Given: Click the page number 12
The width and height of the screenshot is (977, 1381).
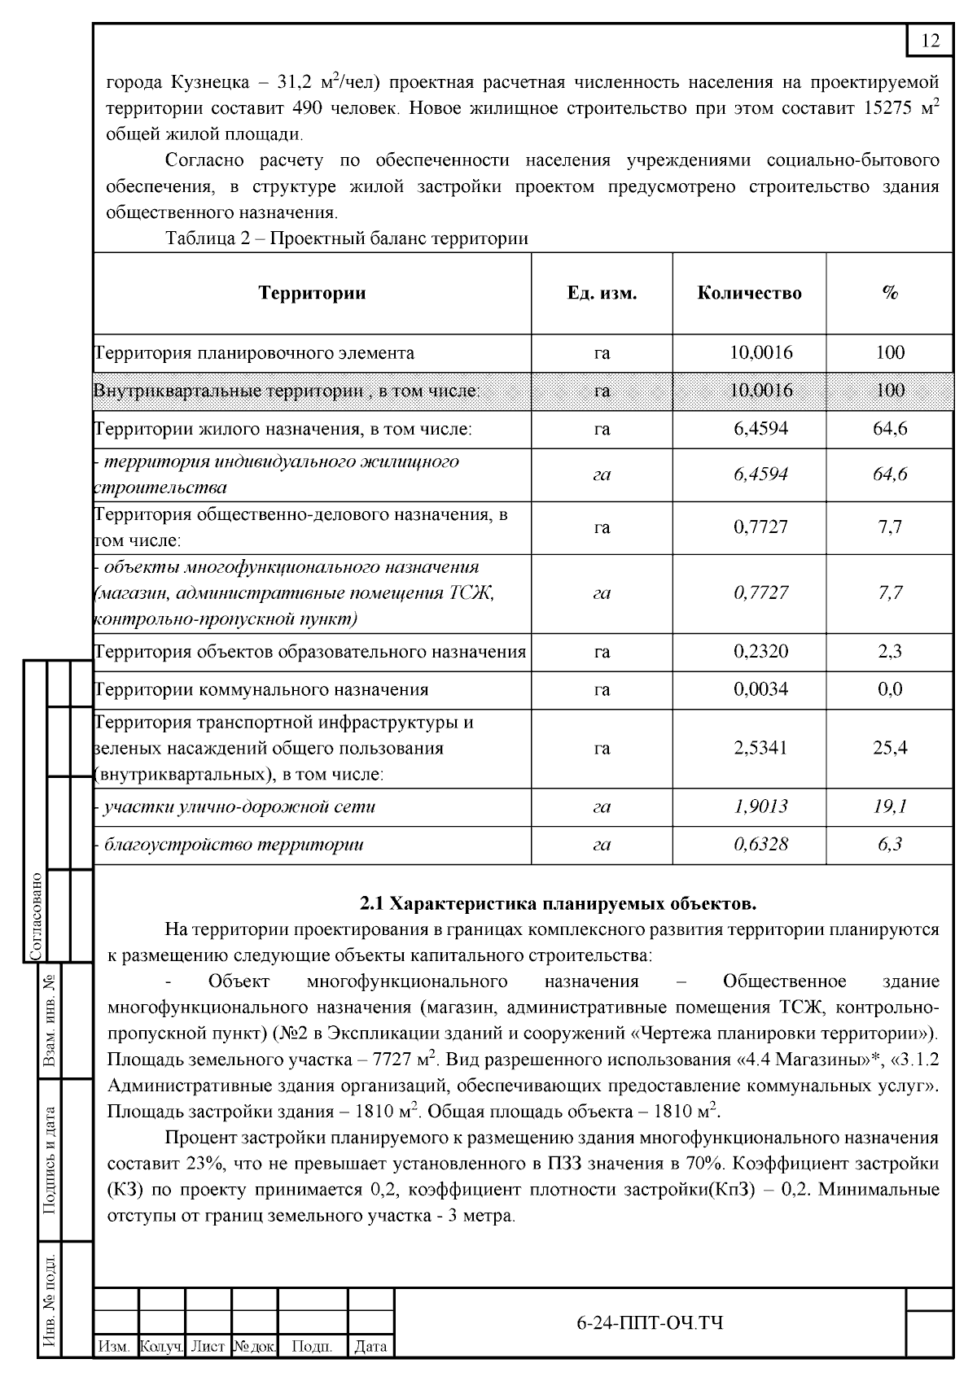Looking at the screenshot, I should pos(931,41).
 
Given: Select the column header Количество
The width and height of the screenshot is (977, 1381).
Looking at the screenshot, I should pos(749,293).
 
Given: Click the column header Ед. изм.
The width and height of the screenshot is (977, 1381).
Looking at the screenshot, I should pos(602,293).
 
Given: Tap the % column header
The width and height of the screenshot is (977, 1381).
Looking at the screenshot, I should pos(889,293).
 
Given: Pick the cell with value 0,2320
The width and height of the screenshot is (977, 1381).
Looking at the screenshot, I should pos(760,652).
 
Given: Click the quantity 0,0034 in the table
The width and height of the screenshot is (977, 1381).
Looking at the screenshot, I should pos(760,689).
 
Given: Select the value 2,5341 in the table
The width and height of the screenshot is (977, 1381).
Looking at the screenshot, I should pos(760,748).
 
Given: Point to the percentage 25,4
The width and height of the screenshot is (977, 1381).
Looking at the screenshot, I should pos(890,748).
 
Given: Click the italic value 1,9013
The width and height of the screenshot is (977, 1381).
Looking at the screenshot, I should pos(760,806).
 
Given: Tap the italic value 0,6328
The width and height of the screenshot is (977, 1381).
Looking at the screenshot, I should pos(760,844).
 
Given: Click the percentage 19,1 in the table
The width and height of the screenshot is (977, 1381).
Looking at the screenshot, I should pos(890,806).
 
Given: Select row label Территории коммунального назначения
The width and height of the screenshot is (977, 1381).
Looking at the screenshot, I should pos(261,689).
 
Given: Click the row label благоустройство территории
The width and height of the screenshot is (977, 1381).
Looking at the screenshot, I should pos(232,844).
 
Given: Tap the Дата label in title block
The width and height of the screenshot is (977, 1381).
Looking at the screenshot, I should pos(370,1347).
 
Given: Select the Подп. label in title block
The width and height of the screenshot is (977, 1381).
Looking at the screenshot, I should pos(312,1347).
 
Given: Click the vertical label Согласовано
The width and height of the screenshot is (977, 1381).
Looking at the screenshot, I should pos(36,916).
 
